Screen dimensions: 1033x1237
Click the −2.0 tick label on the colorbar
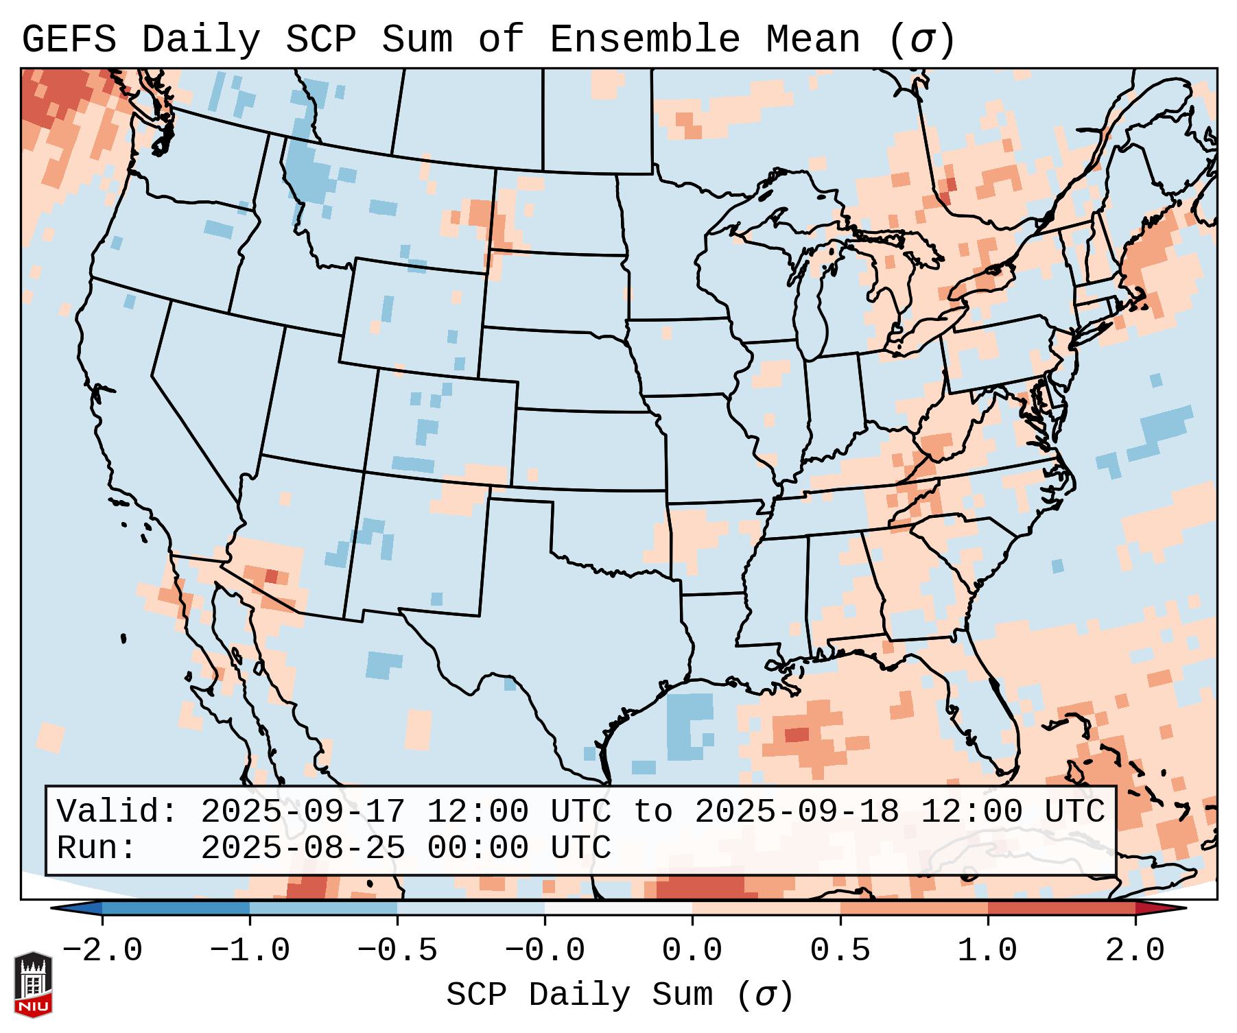pos(102,950)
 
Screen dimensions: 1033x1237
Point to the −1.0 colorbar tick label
pos(250,950)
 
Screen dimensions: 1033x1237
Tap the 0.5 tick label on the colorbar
pos(840,950)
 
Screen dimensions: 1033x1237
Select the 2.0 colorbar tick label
pos(1135,950)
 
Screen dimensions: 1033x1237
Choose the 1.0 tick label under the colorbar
pos(987,950)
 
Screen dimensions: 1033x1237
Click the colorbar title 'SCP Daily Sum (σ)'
pos(620,995)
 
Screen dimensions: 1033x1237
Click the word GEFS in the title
pos(69,39)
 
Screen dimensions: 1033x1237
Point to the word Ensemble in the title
pos(645,39)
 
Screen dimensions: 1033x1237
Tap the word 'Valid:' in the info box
pos(117,811)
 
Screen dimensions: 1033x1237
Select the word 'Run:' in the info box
pos(97,848)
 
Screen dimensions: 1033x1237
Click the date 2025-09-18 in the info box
pos(797,811)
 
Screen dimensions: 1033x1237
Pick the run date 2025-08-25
pos(303,848)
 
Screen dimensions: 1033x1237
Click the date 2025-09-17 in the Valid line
pos(303,811)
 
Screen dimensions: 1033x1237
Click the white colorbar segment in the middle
pos(618,908)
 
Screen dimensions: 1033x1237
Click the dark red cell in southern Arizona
pos(272,576)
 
